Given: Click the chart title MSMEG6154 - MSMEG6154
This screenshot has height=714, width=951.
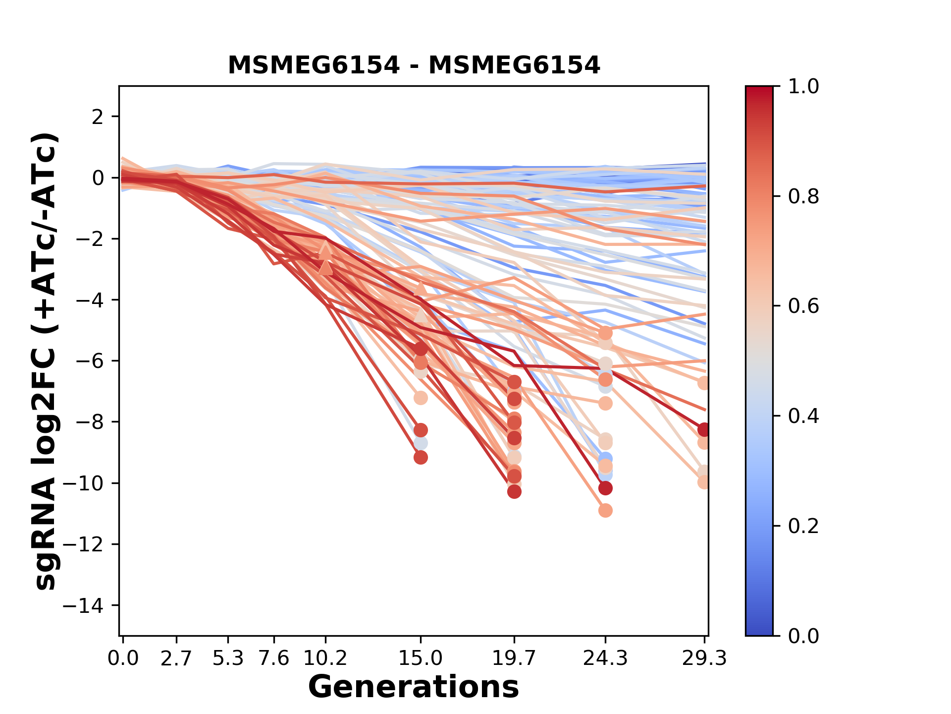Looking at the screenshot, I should click(414, 65).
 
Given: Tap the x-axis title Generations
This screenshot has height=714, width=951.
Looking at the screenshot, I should click(414, 687).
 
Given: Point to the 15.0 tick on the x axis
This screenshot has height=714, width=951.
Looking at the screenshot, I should click(421, 658).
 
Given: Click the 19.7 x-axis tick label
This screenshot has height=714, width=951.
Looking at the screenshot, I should click(514, 658).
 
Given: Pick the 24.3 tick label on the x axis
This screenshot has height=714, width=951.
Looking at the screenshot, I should click(605, 658).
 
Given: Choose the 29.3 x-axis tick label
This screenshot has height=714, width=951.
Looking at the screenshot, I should click(704, 658).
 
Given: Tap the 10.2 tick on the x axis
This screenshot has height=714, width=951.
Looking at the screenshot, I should click(325, 658).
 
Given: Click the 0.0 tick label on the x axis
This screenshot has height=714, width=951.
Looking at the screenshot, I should click(123, 658).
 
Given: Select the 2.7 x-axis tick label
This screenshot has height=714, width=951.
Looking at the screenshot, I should click(176, 658).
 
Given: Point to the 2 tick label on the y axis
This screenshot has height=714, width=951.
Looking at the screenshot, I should click(98, 117).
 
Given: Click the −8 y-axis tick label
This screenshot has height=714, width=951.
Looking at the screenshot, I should click(89, 422).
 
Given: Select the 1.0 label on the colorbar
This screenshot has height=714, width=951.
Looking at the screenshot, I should click(803, 87).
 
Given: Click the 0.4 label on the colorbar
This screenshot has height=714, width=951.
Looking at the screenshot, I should click(803, 416).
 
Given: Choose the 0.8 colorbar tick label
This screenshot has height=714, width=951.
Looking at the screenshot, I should click(803, 197).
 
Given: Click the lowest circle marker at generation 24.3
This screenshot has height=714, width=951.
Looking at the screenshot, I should click(605, 510).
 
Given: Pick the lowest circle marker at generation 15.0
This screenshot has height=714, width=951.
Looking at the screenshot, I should click(421, 457).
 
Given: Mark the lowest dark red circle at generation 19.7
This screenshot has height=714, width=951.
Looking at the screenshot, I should click(514, 491).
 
